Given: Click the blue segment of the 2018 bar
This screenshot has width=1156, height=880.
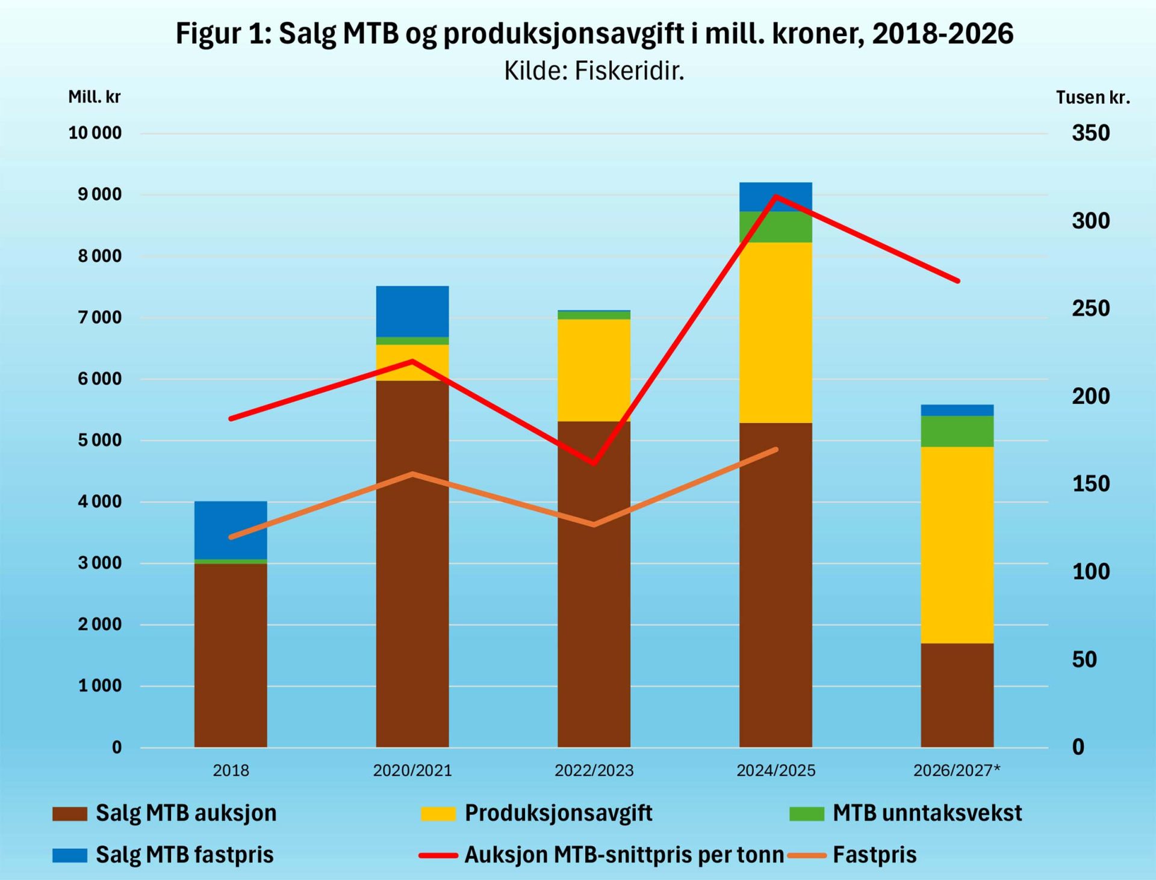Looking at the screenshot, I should click(231, 530).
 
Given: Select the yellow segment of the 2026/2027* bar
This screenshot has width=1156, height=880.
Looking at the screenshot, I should click(957, 545).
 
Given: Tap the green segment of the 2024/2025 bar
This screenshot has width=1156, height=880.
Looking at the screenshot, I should click(775, 227).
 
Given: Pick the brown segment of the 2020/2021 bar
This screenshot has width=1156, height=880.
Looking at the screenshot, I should click(412, 563).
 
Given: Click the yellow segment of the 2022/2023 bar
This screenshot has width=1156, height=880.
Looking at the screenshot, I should click(594, 370).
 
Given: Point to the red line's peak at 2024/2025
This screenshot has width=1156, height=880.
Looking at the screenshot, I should click(775, 196).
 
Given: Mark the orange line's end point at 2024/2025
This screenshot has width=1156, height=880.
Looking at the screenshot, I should click(775, 449).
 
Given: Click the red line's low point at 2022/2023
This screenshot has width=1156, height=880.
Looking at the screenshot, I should click(594, 463).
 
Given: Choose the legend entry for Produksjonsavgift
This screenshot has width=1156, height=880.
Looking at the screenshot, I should click(558, 813).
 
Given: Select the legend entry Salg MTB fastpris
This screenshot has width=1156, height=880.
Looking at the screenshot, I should click(184, 855).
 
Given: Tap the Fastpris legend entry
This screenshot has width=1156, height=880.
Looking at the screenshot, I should click(874, 855).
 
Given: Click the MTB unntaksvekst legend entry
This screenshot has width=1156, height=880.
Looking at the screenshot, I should click(927, 813).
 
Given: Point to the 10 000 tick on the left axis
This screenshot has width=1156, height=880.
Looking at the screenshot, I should click(95, 133).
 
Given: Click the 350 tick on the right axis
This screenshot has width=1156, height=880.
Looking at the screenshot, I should click(1090, 133).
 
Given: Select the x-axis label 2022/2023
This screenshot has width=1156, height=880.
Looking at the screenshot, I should click(594, 770).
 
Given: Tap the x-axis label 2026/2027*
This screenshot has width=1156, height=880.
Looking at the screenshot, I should click(957, 770).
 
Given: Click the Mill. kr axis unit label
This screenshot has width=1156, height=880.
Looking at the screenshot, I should click(95, 97).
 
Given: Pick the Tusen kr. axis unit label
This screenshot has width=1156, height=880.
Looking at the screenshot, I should click(1093, 98).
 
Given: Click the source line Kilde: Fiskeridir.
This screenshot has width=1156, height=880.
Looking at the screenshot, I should click(594, 71).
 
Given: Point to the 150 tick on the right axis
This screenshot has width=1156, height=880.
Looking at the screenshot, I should click(1090, 484).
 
